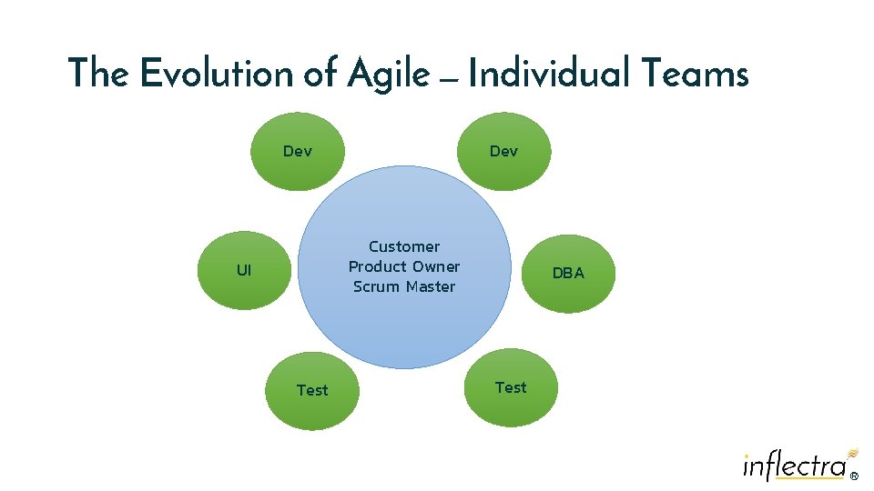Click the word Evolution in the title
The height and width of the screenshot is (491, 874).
coord(217,74)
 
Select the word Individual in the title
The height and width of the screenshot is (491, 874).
coord(547,74)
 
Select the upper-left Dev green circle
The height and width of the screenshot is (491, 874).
coord(298,151)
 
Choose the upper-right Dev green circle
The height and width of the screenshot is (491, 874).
coord(503,151)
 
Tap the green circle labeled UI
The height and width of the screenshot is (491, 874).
coord(244,270)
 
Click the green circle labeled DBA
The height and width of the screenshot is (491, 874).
coord(568,273)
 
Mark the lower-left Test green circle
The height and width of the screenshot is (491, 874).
coord(312,390)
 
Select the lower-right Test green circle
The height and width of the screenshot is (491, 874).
coord(510,387)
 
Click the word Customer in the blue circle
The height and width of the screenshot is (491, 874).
coord(404,246)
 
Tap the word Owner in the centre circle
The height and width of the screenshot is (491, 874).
coord(434,266)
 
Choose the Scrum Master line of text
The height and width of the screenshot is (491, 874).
coord(404,286)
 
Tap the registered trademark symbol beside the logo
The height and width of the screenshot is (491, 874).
coord(854,475)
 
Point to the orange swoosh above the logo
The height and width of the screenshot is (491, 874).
coord(852,451)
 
